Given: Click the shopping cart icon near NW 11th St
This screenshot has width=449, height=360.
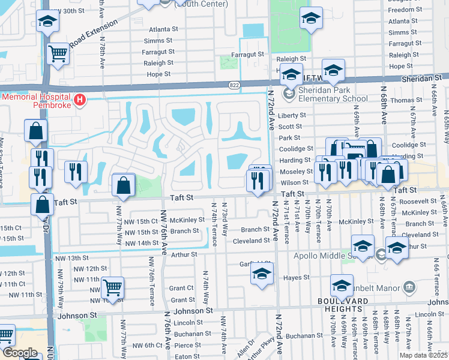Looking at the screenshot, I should click(x=112, y=287).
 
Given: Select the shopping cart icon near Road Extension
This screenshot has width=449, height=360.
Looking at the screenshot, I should click(x=58, y=54).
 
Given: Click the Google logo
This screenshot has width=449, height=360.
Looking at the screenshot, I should click(x=20, y=353).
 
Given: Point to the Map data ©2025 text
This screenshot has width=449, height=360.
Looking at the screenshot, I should click(x=424, y=355).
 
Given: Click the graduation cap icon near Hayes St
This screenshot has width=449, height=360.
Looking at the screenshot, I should click(x=262, y=274).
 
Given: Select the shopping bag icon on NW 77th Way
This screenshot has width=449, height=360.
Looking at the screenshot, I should click(x=123, y=186).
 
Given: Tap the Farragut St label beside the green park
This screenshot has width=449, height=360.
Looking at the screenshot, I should click(x=253, y=54).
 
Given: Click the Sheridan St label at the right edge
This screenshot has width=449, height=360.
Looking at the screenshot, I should click(x=427, y=78).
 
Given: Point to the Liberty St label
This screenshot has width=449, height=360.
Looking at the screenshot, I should click(x=293, y=115).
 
